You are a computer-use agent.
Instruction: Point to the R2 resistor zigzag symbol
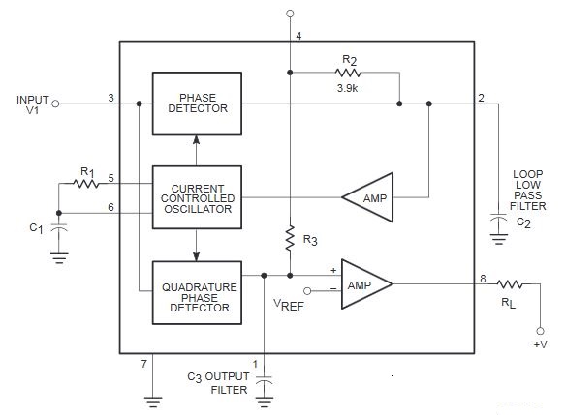[348, 73]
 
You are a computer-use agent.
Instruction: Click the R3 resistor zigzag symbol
[290, 238]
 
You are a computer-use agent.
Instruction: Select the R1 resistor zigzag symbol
[85, 184]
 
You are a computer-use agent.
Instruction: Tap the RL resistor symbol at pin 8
[510, 284]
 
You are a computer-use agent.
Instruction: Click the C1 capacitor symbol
[59, 227]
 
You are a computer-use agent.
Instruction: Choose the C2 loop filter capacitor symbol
[499, 218]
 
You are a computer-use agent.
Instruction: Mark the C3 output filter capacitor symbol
[265, 380]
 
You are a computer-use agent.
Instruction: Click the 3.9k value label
[347, 88]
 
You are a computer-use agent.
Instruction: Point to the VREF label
[289, 305]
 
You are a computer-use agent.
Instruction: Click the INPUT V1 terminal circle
[55, 104]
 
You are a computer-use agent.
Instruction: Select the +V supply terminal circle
[540, 331]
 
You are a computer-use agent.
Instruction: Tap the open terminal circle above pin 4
[290, 14]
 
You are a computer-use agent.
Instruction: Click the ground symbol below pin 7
[153, 401]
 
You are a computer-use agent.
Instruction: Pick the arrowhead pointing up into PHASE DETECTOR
[196, 139]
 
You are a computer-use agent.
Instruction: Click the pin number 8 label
[483, 279]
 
